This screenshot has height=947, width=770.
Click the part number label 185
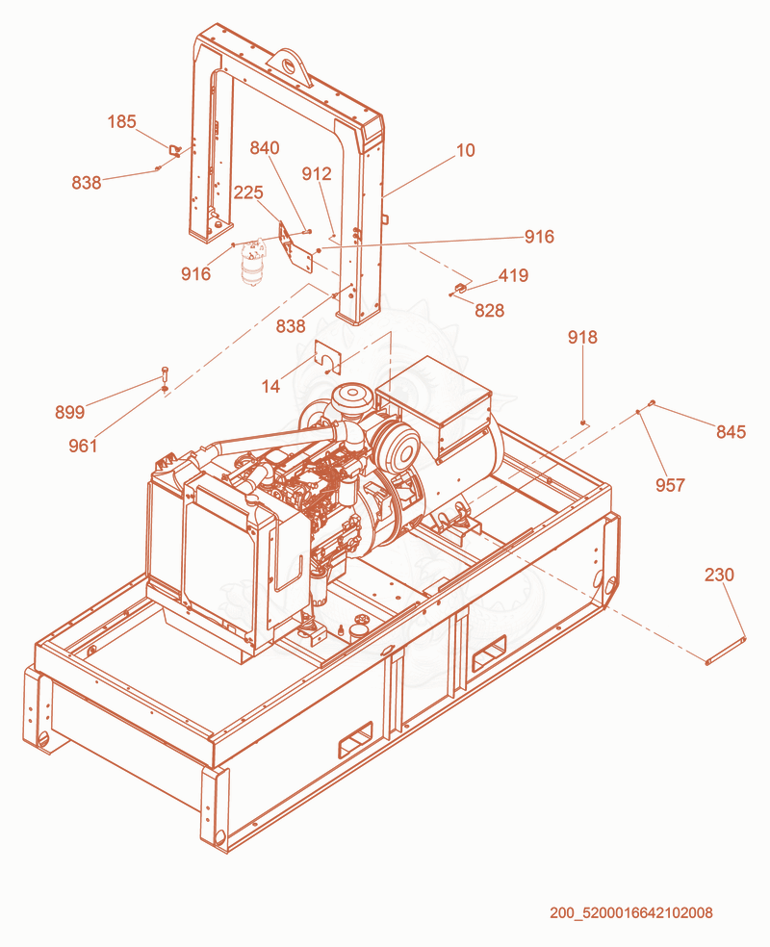[x=121, y=121]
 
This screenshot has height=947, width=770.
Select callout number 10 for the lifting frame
[x=465, y=150]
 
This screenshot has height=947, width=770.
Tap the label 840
[x=265, y=148]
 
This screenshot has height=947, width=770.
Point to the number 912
[x=317, y=174]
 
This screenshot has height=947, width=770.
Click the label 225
[x=248, y=192]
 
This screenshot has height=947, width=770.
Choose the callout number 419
[x=513, y=275]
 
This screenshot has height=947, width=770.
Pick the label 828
[x=489, y=311]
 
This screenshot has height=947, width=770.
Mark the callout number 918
[x=582, y=337]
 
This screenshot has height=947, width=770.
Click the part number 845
[x=731, y=432]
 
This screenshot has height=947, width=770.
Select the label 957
[x=670, y=485]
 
